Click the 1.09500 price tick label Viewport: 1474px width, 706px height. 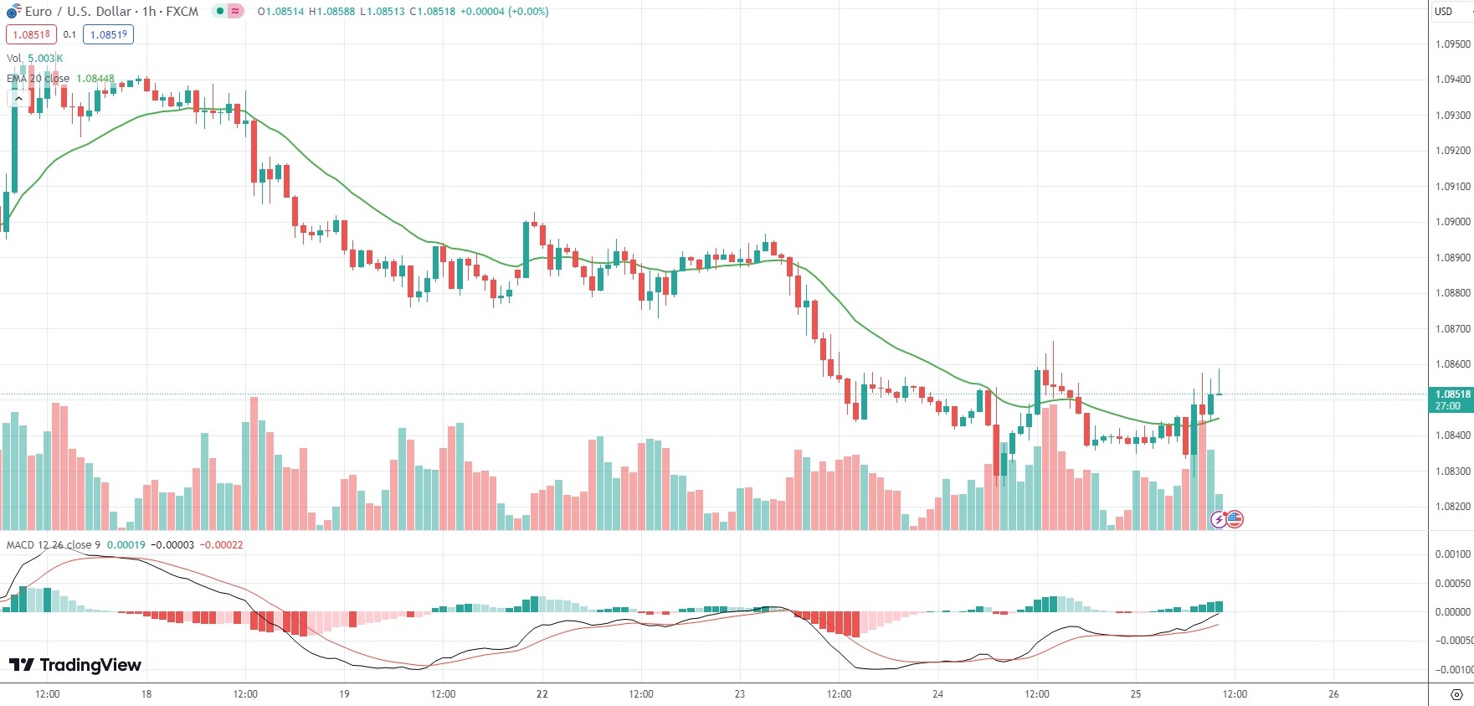(1452, 44)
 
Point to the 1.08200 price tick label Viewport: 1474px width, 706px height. (1452, 507)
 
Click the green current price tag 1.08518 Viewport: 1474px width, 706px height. (1451, 394)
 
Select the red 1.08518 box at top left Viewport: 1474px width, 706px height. (31, 35)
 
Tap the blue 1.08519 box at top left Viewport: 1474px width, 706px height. (108, 35)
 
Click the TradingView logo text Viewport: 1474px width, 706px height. (75, 665)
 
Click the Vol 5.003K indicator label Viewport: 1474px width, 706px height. (34, 59)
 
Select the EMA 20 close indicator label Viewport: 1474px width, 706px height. (39, 79)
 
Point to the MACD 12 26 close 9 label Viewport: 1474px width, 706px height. (54, 545)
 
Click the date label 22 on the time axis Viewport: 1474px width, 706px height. (542, 694)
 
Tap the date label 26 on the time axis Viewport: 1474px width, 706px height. (1333, 694)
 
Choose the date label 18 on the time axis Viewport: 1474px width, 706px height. (146, 694)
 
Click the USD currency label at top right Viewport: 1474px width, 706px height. (1443, 12)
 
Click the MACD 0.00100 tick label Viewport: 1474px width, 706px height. (1452, 554)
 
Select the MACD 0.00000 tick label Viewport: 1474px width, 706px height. (1452, 612)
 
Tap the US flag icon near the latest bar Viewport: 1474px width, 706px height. (1235, 519)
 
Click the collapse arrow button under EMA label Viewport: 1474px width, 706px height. (18, 98)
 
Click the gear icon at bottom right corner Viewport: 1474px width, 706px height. (1456, 694)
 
